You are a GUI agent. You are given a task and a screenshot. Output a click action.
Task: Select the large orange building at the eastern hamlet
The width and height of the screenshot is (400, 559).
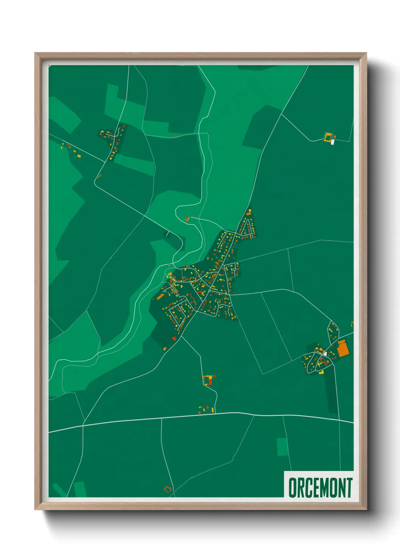342,348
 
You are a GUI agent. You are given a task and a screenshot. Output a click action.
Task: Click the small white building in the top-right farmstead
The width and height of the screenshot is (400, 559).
332,142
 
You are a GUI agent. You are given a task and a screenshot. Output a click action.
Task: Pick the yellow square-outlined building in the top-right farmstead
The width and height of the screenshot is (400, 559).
327,137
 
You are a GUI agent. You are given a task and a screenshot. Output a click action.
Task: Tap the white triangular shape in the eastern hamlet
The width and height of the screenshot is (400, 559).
325,354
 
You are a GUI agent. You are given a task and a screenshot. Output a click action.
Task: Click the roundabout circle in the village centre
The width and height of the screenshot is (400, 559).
209,291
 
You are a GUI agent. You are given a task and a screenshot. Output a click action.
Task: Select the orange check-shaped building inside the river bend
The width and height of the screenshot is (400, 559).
188,218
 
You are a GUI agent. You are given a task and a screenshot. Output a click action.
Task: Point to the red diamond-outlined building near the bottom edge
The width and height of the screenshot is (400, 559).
167,489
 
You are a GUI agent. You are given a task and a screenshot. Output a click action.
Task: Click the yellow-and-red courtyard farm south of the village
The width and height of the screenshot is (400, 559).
207,380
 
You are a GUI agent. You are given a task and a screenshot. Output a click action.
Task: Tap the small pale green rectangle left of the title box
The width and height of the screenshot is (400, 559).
282,447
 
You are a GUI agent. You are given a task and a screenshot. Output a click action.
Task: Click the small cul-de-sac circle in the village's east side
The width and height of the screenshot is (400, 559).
235,269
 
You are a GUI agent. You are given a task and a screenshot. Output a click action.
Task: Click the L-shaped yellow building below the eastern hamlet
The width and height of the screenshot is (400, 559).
321,372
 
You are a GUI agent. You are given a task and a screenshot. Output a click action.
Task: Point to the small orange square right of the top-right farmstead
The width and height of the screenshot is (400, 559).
335,137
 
